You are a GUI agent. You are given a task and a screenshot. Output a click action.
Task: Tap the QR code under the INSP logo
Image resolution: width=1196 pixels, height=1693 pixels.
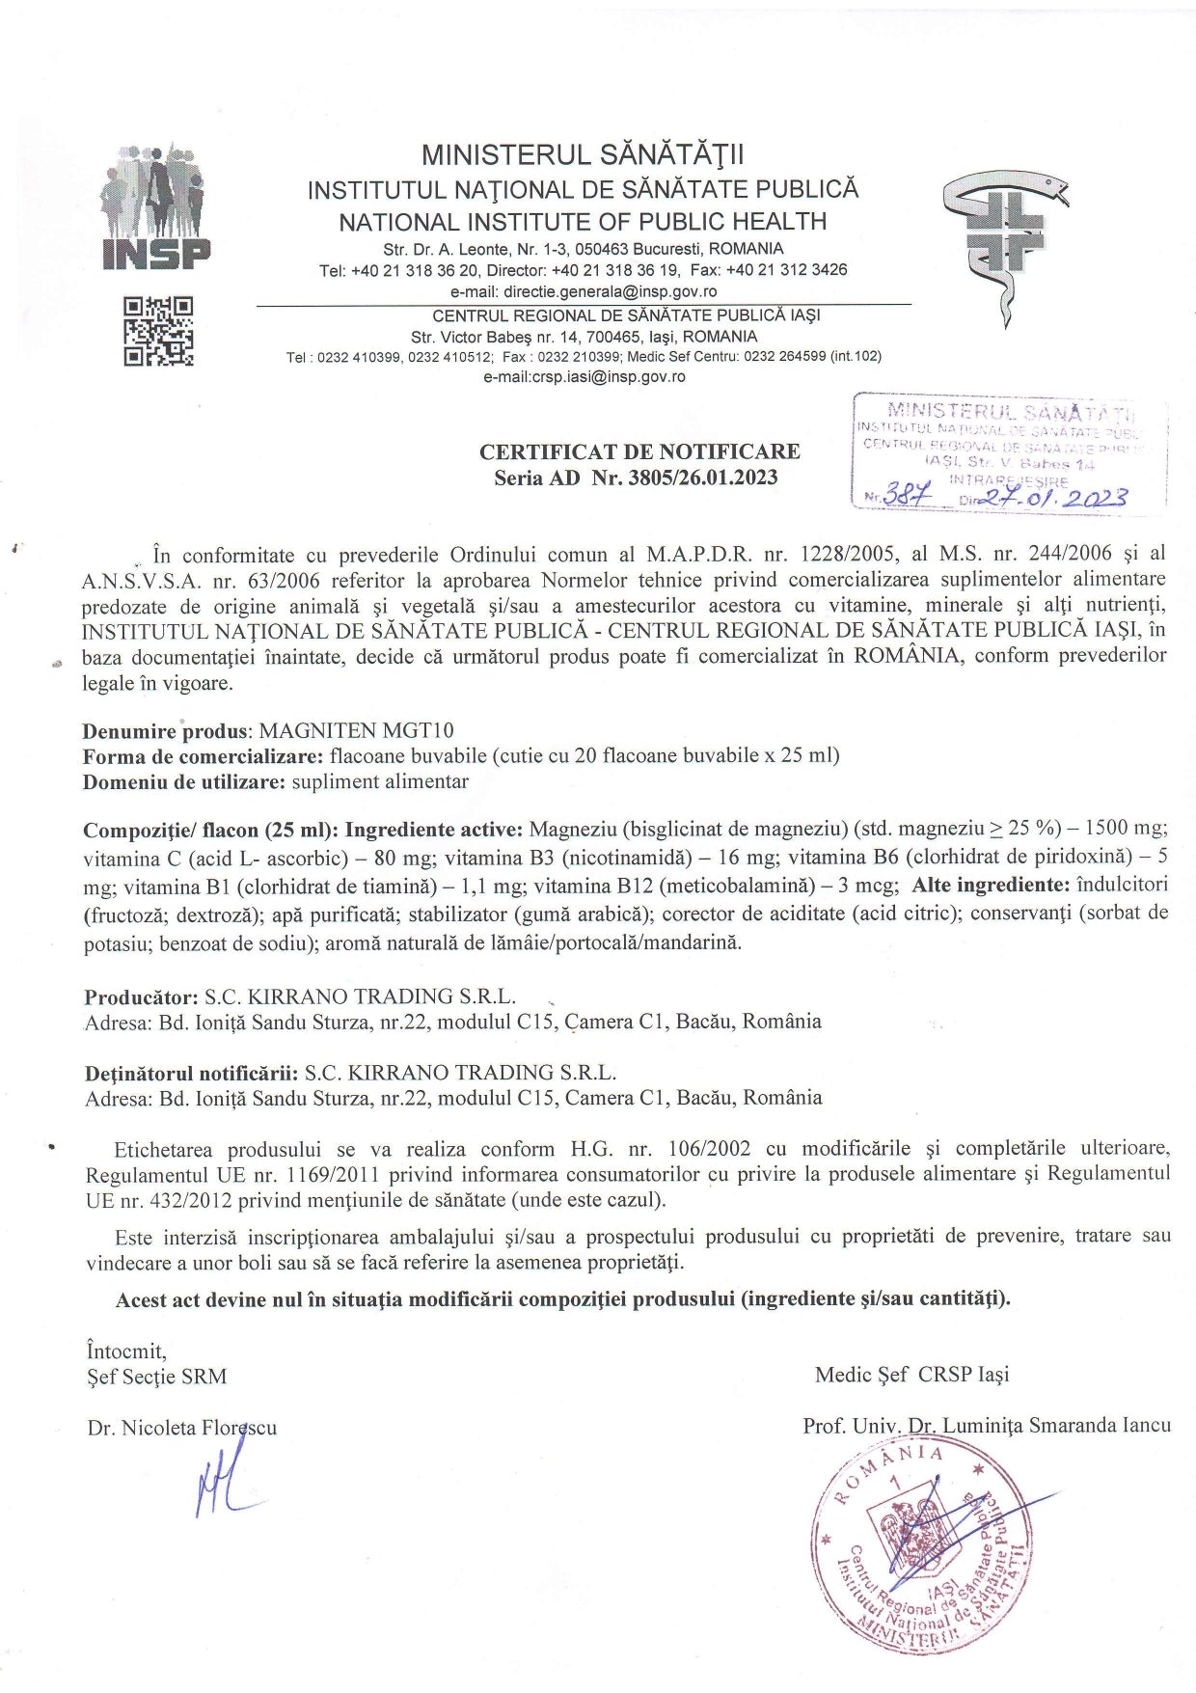[158, 331]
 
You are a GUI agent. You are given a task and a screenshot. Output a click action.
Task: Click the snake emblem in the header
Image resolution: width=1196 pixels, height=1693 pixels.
[1007, 246]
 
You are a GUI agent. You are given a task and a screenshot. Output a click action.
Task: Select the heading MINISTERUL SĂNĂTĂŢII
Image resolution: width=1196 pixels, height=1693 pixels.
[583, 155]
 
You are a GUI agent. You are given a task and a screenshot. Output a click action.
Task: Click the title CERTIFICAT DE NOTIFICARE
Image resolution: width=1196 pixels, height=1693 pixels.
[639, 451]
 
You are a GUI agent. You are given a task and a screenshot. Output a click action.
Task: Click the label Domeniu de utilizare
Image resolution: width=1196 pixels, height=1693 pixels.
[183, 781]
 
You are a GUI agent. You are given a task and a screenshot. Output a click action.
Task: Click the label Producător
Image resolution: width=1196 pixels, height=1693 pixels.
[141, 997]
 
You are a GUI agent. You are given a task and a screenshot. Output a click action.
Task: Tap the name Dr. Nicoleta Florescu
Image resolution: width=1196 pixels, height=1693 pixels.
[181, 1428]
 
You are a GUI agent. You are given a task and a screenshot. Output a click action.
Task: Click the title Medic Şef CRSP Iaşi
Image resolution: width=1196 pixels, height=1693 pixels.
[911, 1374]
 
